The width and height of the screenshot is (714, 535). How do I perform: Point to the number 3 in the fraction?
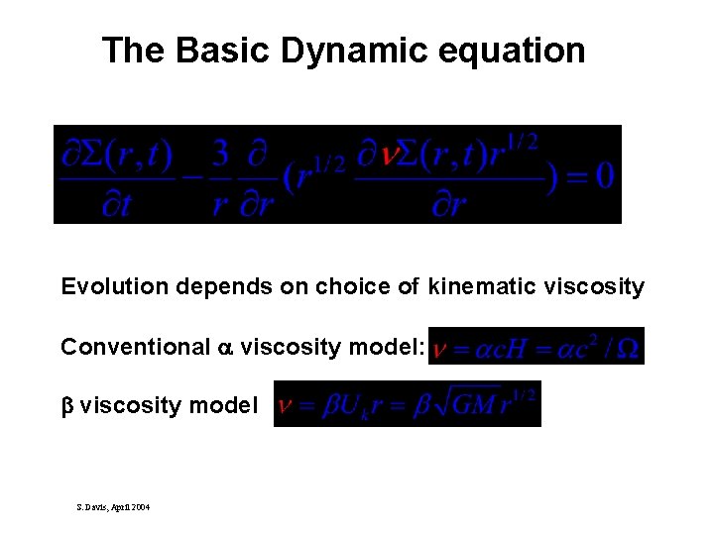[221, 154]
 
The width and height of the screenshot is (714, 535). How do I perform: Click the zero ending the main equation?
[603, 175]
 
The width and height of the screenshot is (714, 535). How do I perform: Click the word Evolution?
[115, 287]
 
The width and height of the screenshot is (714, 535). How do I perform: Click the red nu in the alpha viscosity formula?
[440, 350]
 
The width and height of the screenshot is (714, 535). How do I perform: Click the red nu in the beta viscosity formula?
[286, 404]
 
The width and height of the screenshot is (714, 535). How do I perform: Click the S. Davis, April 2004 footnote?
[113, 506]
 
